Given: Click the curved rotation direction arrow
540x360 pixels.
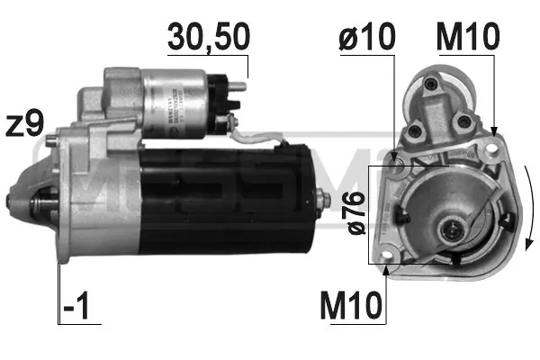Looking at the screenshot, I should point(529,207).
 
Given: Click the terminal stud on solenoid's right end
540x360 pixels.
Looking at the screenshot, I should point(242,88).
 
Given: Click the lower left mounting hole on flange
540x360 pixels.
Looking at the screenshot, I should point(389,264).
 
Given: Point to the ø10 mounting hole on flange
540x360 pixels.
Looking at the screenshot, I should point(397,165).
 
